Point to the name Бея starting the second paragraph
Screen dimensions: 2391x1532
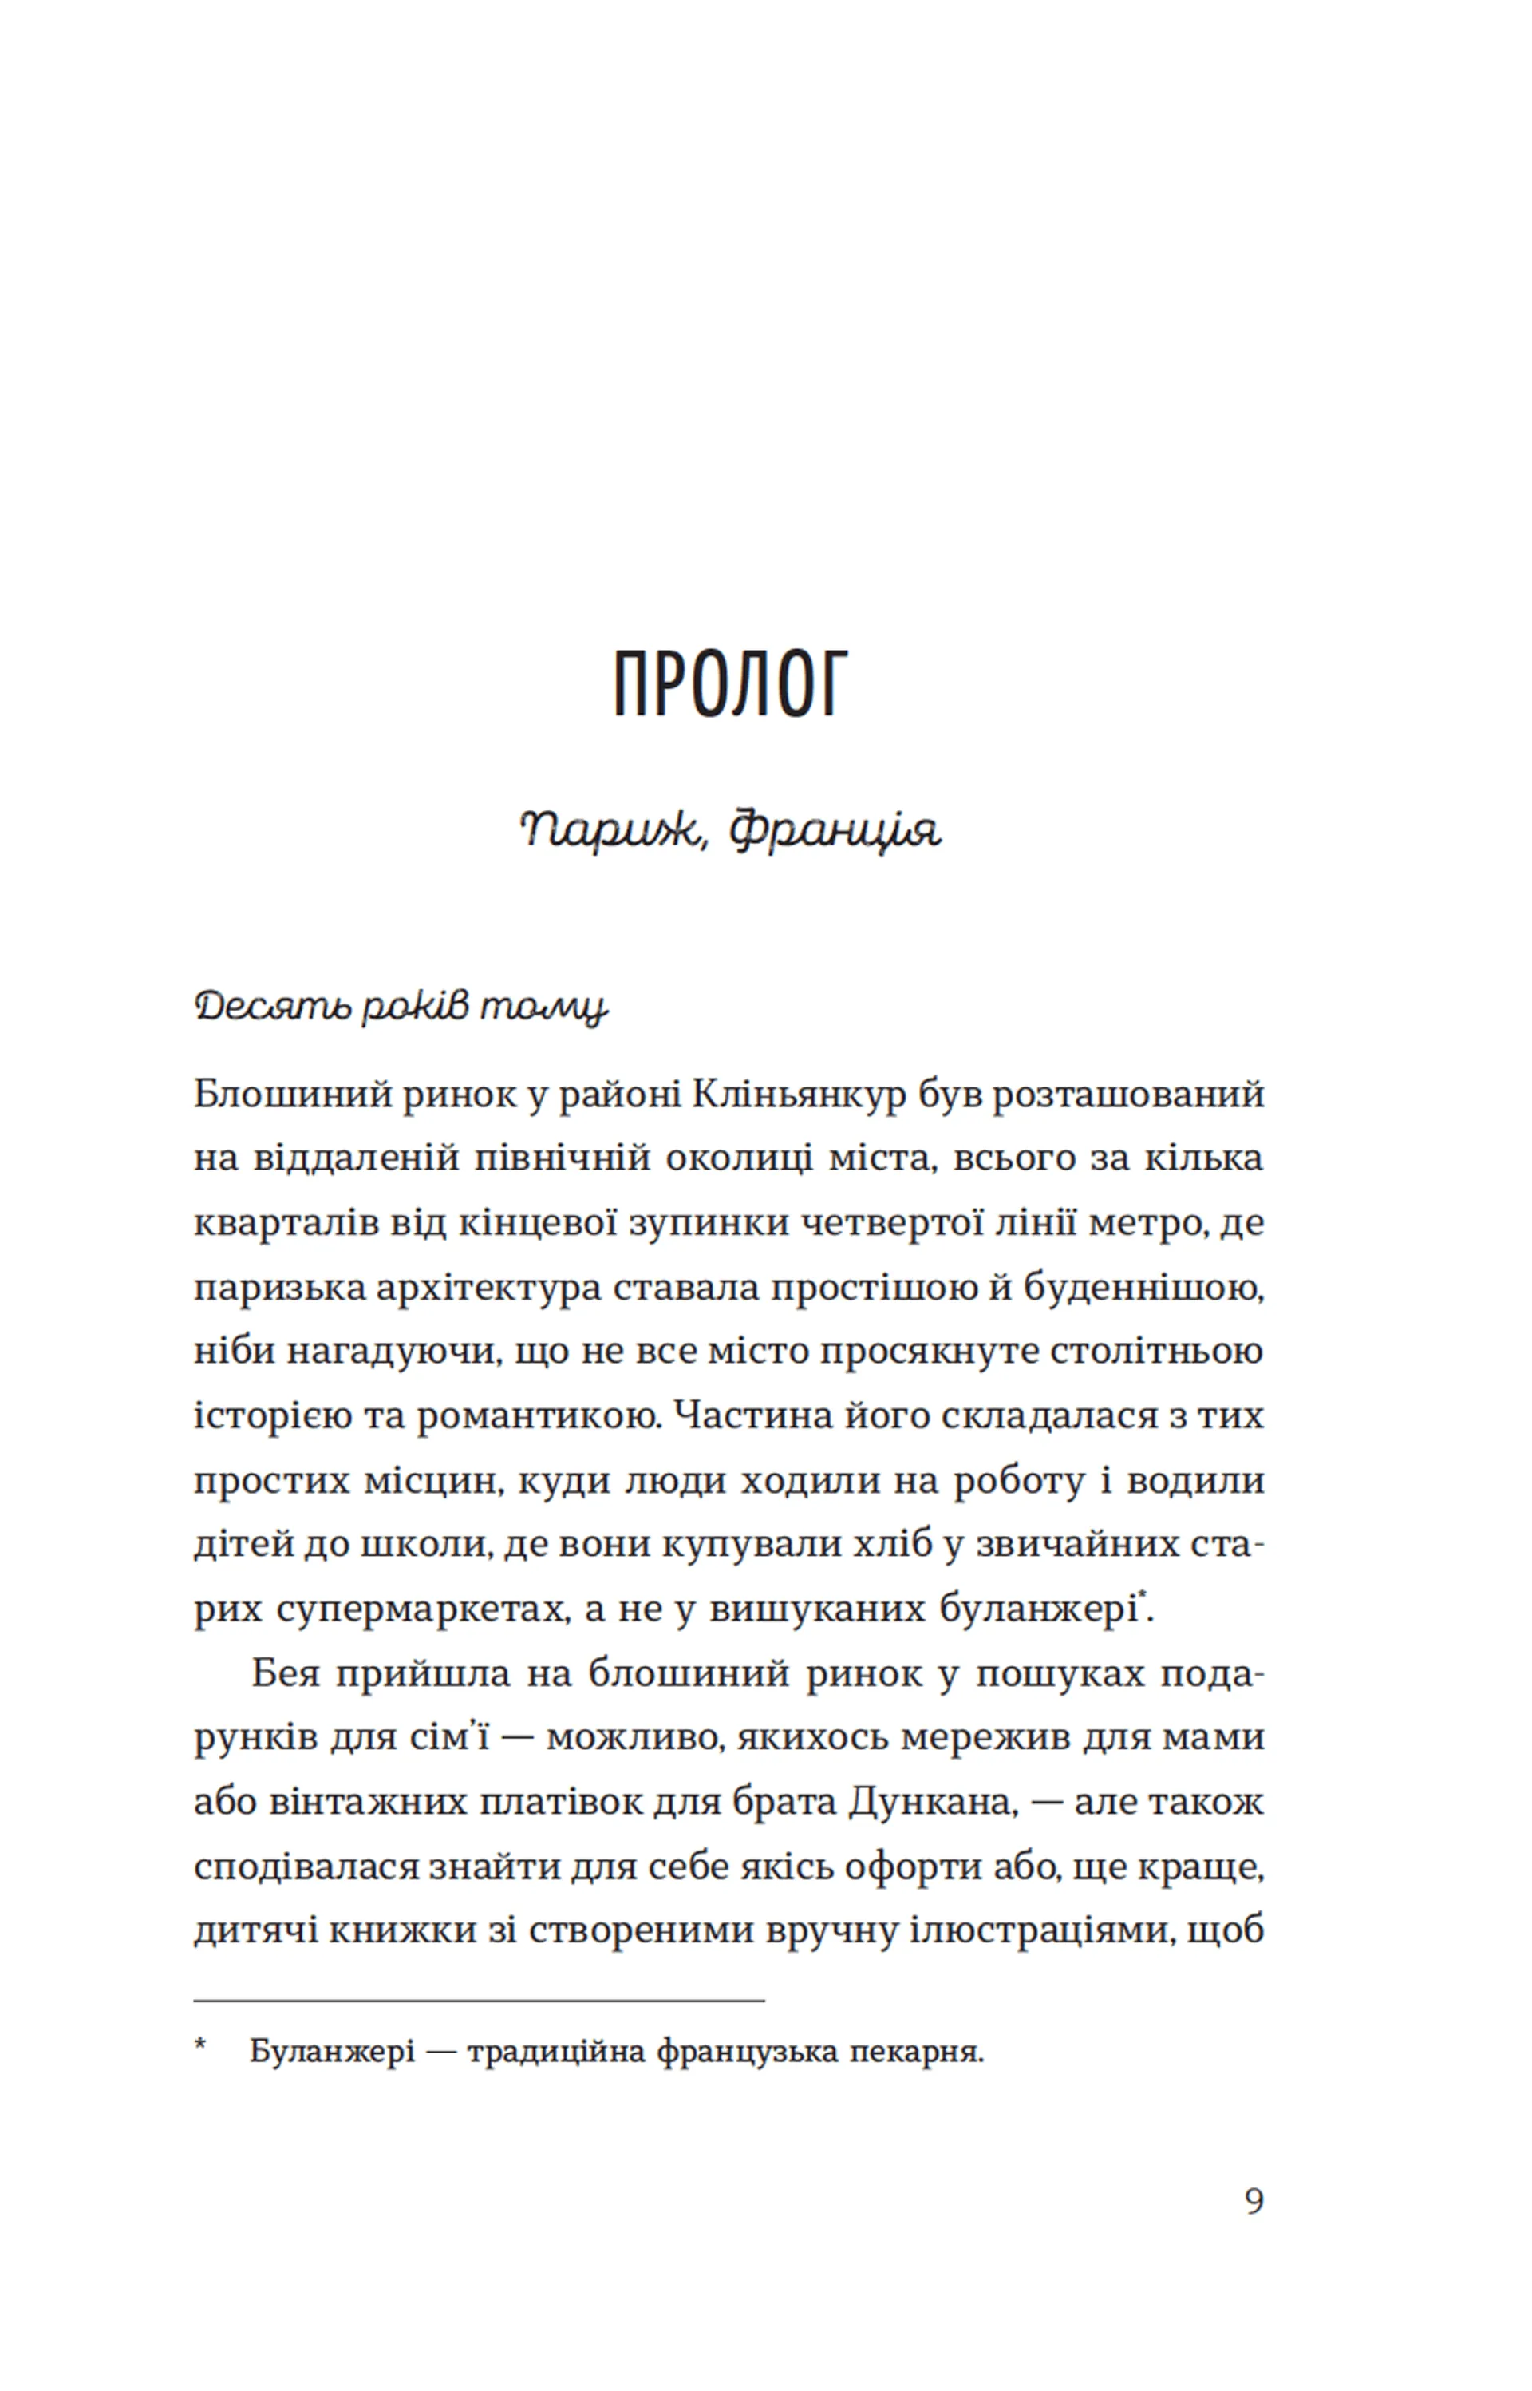(x=286, y=1673)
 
